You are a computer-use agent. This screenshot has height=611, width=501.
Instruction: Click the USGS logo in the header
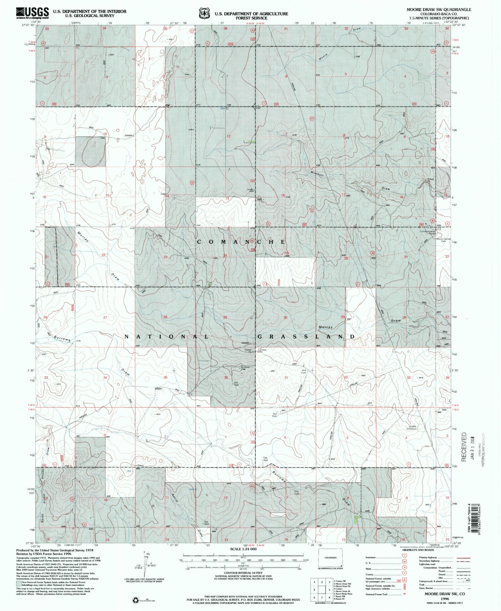[x=33, y=13]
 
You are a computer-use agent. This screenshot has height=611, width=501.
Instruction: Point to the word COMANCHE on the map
[x=241, y=242]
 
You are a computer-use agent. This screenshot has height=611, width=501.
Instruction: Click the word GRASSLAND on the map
[x=307, y=337]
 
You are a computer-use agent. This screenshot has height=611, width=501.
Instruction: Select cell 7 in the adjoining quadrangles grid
[x=322, y=598]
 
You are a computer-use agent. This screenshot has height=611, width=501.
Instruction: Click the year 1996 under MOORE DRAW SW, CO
[x=444, y=598]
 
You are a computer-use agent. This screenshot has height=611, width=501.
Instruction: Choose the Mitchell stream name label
[x=317, y=173]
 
